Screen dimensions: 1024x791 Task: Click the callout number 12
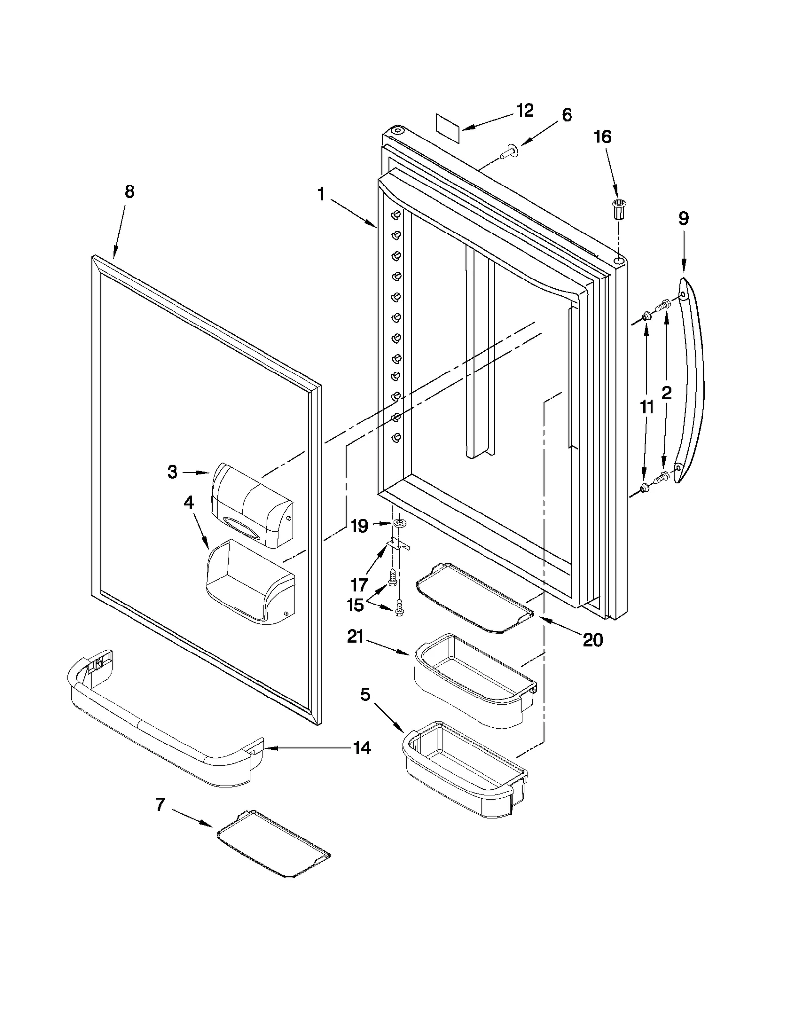click(x=525, y=110)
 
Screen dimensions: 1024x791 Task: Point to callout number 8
click(x=129, y=191)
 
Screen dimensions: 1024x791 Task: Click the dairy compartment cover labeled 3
click(x=251, y=505)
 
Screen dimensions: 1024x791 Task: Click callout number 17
click(x=359, y=585)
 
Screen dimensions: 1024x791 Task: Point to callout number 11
click(x=646, y=407)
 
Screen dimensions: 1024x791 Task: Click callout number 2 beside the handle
click(x=666, y=393)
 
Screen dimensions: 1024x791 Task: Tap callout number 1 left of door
click(x=321, y=194)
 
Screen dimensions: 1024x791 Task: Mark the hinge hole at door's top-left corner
click(x=396, y=131)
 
